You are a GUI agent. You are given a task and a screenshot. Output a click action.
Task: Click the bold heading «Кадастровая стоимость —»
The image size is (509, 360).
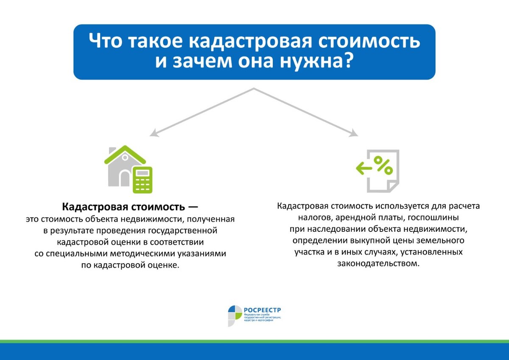[x=130, y=207]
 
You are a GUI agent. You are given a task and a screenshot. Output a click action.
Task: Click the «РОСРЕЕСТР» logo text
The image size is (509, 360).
[x=262, y=310]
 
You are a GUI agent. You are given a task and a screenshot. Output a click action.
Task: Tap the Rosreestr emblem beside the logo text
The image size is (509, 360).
[x=235, y=315]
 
